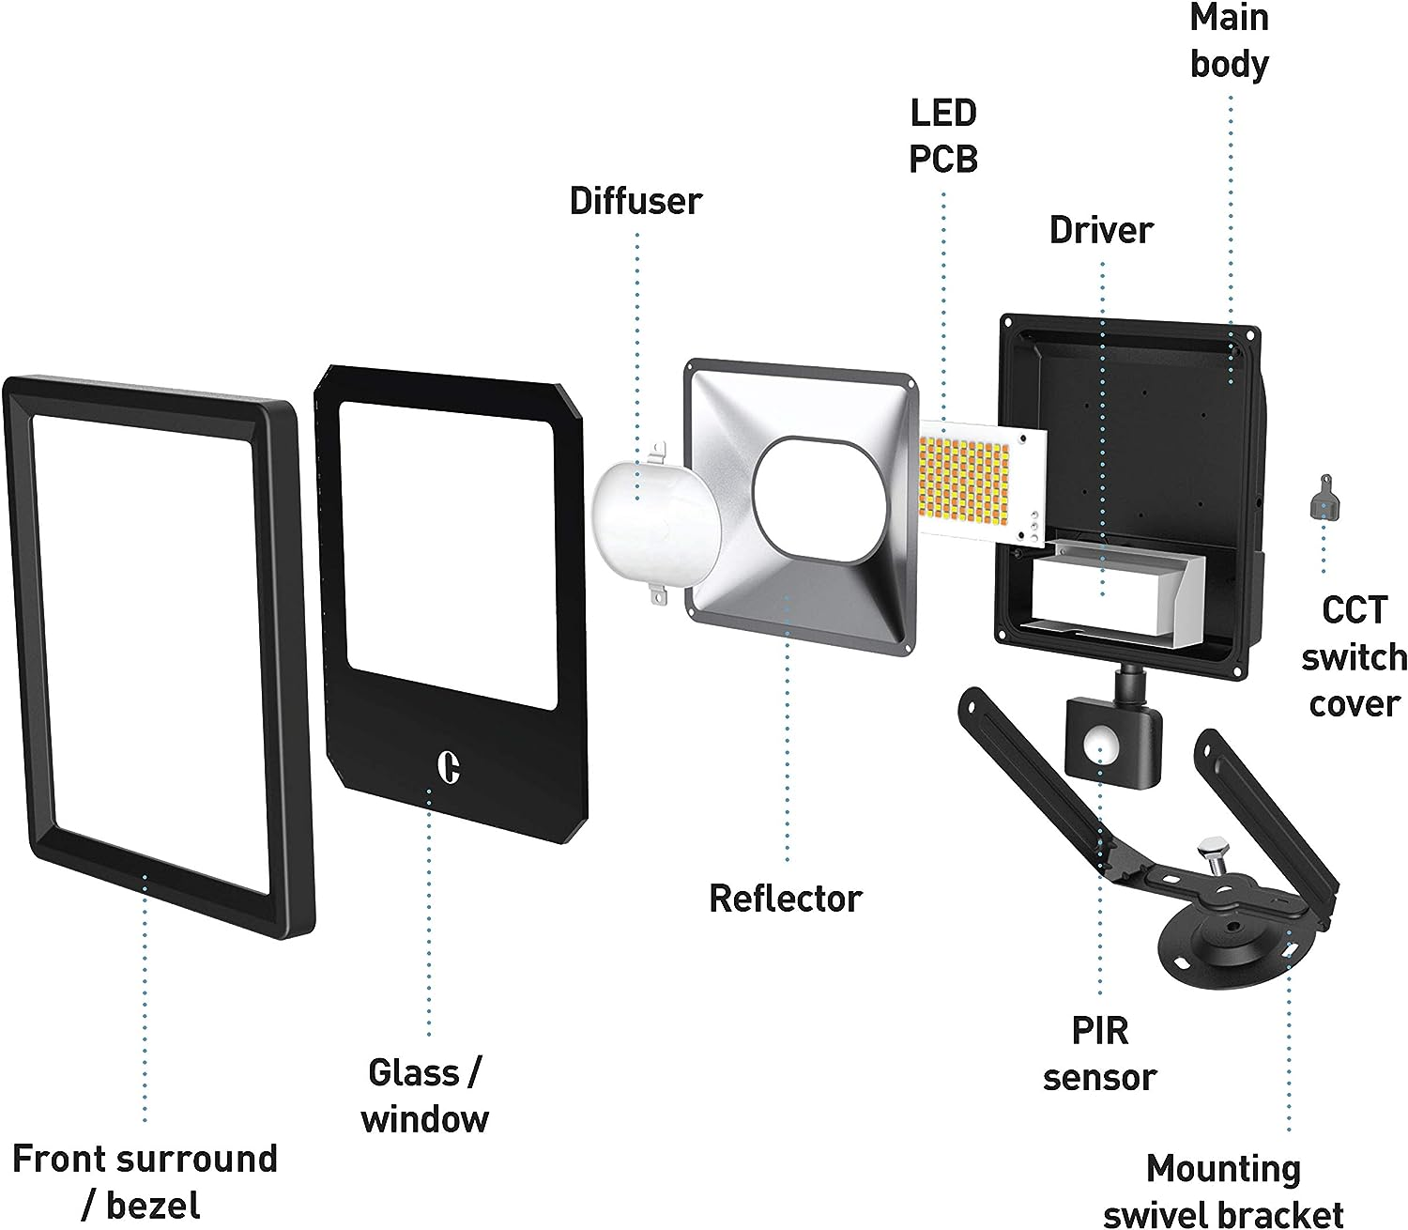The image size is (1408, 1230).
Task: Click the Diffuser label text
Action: coord(635,202)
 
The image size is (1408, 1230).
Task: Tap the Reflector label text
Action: coord(786,899)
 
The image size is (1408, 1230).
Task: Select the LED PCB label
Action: coord(943,136)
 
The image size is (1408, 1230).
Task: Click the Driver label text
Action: coord(1101,230)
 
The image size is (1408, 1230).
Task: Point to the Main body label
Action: coord(1230,41)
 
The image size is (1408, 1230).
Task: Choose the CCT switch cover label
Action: coord(1354,657)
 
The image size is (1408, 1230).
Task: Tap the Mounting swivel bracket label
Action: coord(1224,1191)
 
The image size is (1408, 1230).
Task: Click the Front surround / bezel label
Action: coord(145,1181)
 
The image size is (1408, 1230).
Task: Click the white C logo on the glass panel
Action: coord(450,766)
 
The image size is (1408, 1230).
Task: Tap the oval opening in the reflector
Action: coord(819,497)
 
